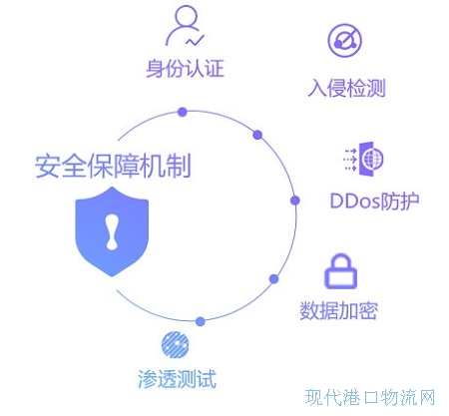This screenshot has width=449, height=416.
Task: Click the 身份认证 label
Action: pyautogui.click(x=185, y=69)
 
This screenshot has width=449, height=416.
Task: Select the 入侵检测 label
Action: pyautogui.click(x=347, y=88)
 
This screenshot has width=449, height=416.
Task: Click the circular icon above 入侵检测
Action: pyautogui.click(x=345, y=41)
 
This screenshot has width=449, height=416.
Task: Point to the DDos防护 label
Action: pyautogui.click(x=374, y=201)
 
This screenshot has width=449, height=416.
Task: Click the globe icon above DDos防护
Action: pyautogui.click(x=364, y=159)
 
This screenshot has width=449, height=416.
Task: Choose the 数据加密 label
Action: pyautogui.click(x=339, y=310)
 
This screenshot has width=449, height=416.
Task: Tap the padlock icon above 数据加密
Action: pyautogui.click(x=340, y=271)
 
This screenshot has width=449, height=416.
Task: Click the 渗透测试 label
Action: pyautogui.click(x=177, y=379)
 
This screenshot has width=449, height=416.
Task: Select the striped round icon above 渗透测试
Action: pyautogui.click(x=175, y=344)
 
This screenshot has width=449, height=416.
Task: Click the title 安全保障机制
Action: pyautogui.click(x=113, y=166)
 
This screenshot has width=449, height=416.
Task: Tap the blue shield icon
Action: pyautogui.click(x=112, y=231)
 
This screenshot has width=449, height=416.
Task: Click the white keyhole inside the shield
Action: pyautogui.click(x=112, y=231)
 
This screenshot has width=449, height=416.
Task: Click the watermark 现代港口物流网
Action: pyautogui.click(x=370, y=397)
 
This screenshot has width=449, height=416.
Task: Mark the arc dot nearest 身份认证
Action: pyautogui.click(x=182, y=112)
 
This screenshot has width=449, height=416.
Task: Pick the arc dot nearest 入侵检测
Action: pyautogui.click(x=257, y=135)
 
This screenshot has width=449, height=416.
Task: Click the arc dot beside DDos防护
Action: pyautogui.click(x=295, y=201)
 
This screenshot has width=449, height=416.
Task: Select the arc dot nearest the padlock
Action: pyautogui.click(x=273, y=279)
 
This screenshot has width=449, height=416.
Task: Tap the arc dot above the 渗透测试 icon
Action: pyautogui.click(x=201, y=321)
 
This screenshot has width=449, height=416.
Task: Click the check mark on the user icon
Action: pyautogui.click(x=195, y=40)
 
